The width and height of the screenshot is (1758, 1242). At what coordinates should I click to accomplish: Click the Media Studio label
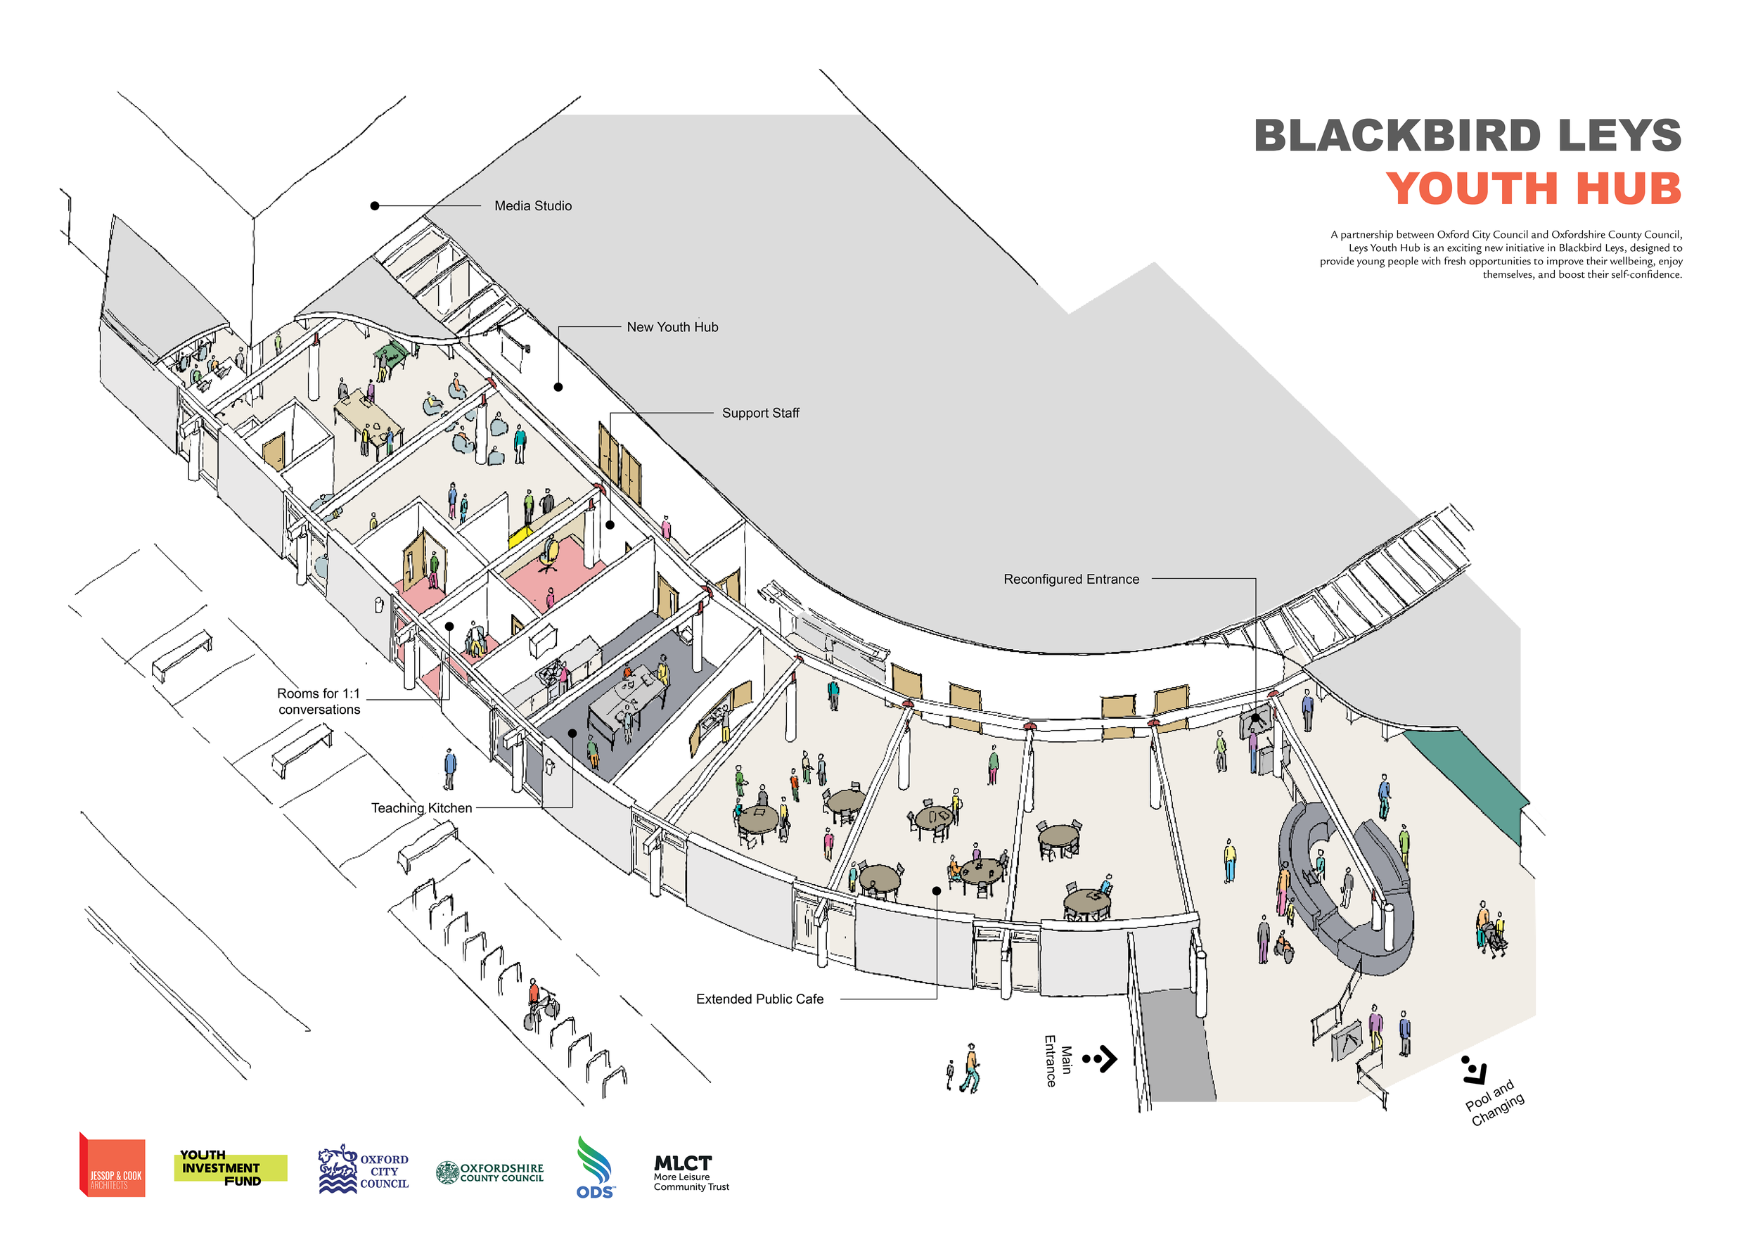click(x=532, y=206)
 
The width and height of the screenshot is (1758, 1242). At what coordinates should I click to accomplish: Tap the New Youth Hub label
click(x=672, y=327)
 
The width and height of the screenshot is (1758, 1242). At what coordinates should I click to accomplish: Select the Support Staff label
click(x=759, y=413)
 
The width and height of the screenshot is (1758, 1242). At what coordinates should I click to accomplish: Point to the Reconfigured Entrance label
click(x=1070, y=579)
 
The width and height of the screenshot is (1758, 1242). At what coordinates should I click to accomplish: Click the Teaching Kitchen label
click(x=421, y=808)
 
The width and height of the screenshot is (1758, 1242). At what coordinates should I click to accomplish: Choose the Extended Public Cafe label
click(x=759, y=999)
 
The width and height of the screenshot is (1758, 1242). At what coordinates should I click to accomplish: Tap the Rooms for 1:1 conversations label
click(x=319, y=700)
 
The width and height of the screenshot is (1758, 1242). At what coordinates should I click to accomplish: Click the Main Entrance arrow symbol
click(x=1101, y=1059)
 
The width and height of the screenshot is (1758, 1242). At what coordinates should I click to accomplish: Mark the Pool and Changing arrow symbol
click(x=1473, y=1070)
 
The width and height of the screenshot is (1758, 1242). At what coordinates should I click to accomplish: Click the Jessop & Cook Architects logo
click(x=113, y=1165)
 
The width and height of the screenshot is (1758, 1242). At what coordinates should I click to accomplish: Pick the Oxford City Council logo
click(x=363, y=1170)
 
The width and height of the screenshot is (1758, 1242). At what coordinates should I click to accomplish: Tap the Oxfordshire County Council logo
click(x=489, y=1172)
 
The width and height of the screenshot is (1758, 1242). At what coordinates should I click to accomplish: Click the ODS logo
click(x=595, y=1167)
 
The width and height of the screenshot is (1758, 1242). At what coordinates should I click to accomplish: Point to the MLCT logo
click(x=690, y=1172)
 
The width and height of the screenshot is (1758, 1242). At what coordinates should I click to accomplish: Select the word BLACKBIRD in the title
click(x=1397, y=136)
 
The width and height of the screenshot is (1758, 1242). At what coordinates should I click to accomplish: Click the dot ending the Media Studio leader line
click(x=374, y=206)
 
